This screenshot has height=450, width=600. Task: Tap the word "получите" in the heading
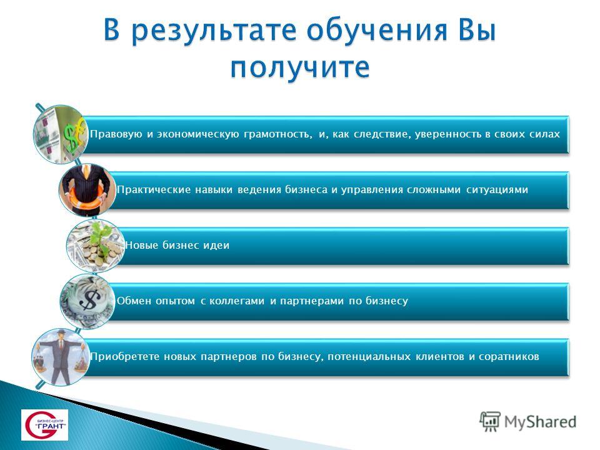coord(300,67)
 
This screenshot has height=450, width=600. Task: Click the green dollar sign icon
coord(74,135)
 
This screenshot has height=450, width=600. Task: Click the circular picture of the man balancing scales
coord(61,357)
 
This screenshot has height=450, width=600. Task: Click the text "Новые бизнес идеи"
coord(177,245)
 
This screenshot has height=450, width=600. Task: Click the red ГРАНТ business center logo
coord(44,425)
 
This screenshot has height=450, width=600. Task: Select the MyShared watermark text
coord(540,421)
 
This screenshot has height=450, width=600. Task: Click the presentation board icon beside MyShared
coord(490,421)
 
